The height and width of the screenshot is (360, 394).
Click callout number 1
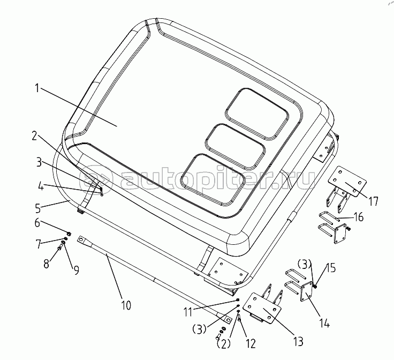click(37, 88)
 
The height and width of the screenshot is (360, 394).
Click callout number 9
click(76, 269)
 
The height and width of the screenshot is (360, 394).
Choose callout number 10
click(125, 306)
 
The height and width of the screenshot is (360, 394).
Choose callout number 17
click(373, 201)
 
